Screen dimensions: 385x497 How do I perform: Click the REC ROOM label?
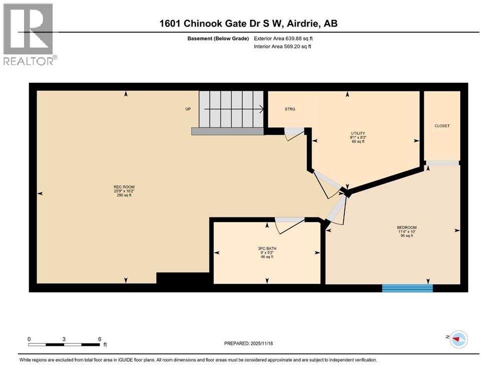[124, 187]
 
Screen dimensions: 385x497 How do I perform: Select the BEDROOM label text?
[406, 228]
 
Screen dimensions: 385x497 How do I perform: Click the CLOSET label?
[442, 126]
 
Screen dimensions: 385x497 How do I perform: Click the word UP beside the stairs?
[188, 109]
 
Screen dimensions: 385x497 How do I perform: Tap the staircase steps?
[231, 109]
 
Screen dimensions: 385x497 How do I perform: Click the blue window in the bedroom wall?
[407, 288]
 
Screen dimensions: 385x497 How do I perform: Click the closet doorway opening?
[442, 163]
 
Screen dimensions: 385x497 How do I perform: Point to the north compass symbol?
[457, 339]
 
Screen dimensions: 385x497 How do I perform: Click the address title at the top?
[249, 24]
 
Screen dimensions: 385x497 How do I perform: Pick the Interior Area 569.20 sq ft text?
[283, 47]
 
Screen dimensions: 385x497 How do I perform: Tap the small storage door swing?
[293, 134]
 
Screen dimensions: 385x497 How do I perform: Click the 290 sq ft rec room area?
[124, 195]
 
